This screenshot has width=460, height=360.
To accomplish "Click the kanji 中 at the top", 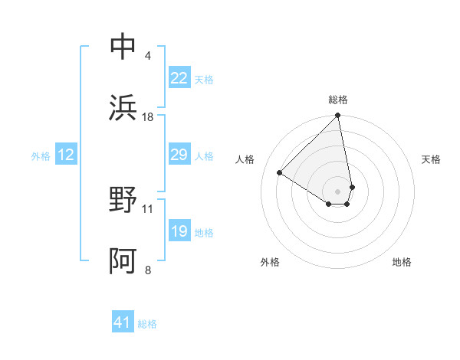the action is coord(123,47).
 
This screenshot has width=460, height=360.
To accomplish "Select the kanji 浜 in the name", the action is coord(123,109).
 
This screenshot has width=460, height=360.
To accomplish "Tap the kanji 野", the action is coord(123,201).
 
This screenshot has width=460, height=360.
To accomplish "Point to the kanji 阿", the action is coord(123,262).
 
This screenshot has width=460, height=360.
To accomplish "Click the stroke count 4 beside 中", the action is coord(147,56).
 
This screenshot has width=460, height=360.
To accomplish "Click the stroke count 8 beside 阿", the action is coord(147,270).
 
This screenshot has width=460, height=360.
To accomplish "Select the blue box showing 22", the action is coord(179,78).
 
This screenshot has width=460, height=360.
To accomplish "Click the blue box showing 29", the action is coord(179,155).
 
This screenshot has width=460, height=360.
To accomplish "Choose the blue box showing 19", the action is coord(179,231).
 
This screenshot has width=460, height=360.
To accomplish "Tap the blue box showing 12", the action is coord(66,155).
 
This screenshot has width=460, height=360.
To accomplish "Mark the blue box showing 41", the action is coord(123,322).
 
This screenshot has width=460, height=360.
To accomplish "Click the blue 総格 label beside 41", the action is coord(147,324).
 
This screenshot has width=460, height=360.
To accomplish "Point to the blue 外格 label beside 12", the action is coord(41,156).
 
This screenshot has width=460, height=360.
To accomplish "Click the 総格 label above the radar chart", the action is coord(338,100).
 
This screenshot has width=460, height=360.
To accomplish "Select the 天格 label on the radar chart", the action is coord(432,159).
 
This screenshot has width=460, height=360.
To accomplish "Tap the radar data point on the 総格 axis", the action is coord(338,116).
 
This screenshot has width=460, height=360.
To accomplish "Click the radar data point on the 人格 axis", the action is coord(280,173).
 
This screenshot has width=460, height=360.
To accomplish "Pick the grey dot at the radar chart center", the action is coord(338,191).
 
